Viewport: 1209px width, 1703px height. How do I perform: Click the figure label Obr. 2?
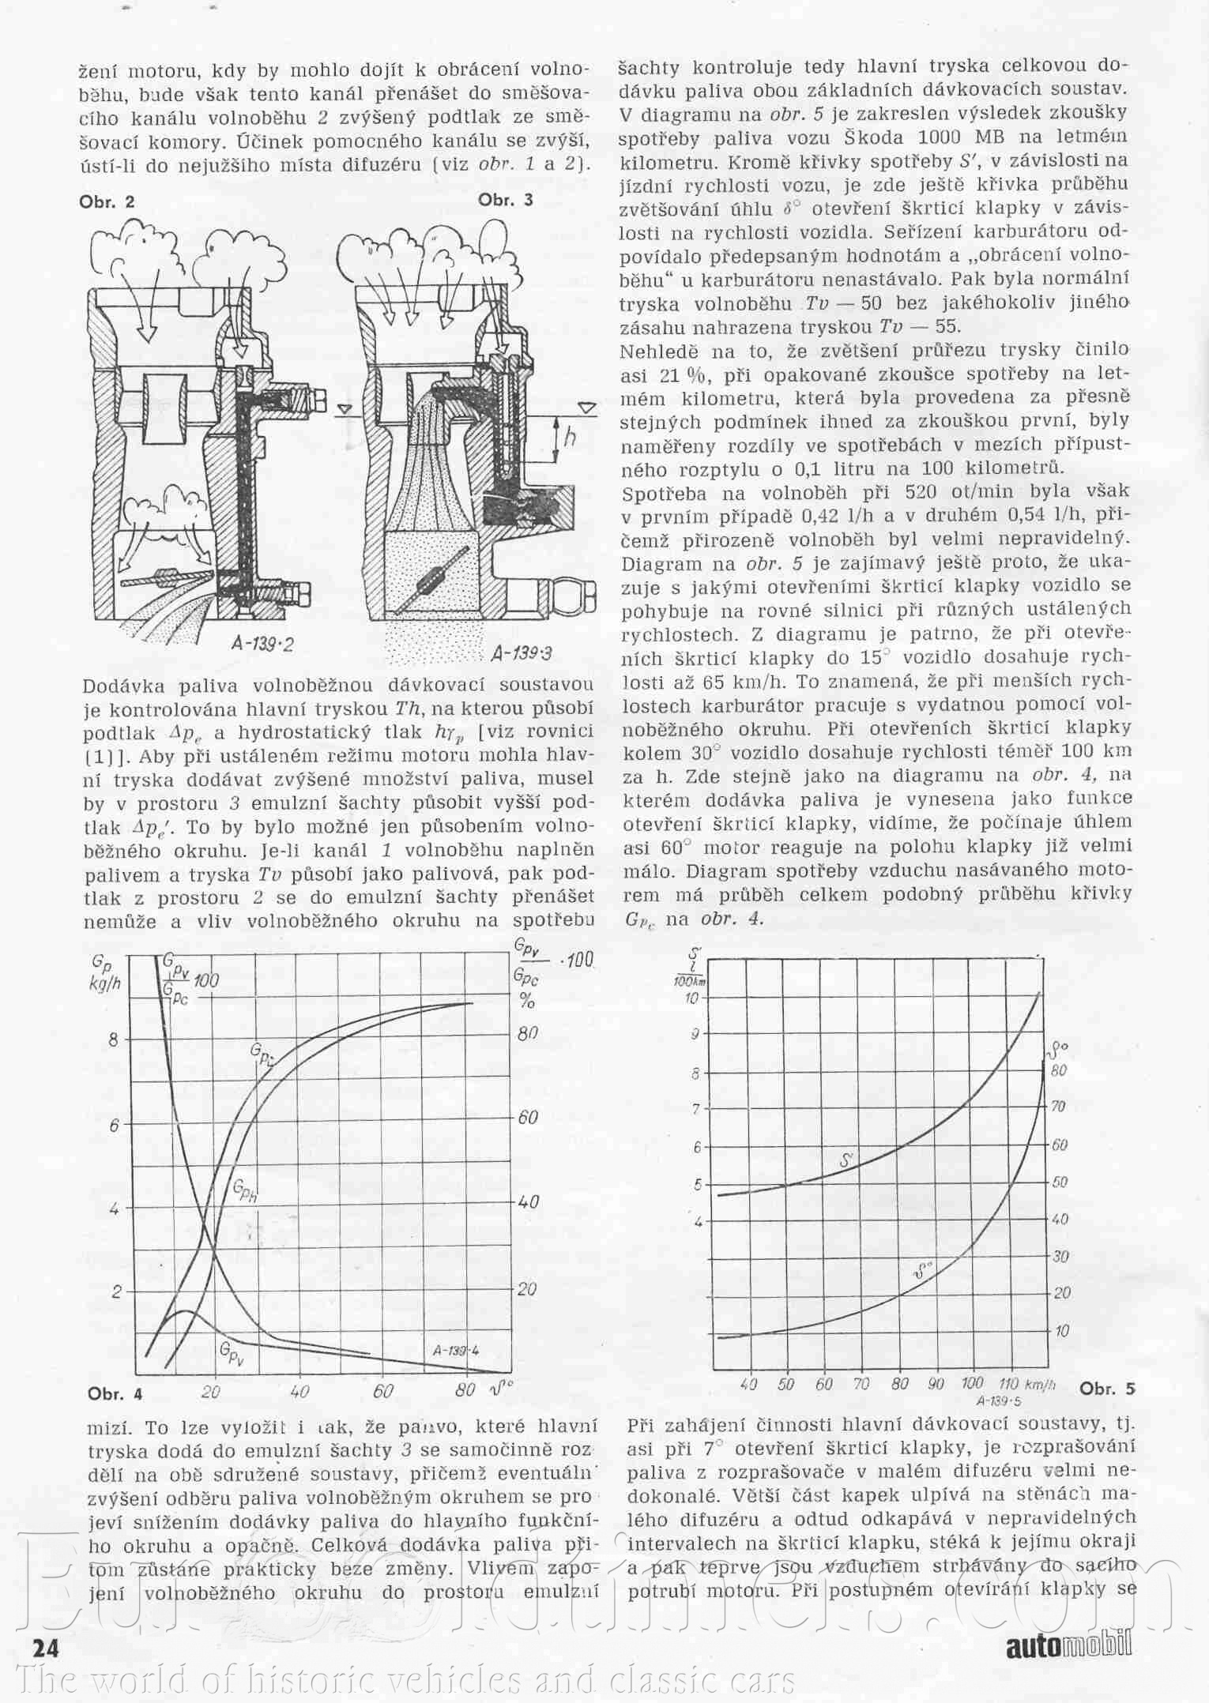coord(107,201)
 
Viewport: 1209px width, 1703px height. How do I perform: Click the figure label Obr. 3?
coord(506,200)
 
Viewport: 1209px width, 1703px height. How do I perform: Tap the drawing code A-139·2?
coord(263,644)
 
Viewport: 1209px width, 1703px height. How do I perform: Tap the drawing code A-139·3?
coord(521,653)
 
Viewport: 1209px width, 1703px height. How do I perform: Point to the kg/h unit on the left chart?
coord(106,983)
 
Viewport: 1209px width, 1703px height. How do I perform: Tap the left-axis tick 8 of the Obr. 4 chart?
coord(114,1039)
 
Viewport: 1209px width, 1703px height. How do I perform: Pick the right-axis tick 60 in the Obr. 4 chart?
coord(528,1117)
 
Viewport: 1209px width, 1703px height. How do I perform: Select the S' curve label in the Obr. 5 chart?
coord(846,1160)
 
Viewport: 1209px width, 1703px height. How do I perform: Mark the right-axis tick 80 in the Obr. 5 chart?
coord(1059,1070)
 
